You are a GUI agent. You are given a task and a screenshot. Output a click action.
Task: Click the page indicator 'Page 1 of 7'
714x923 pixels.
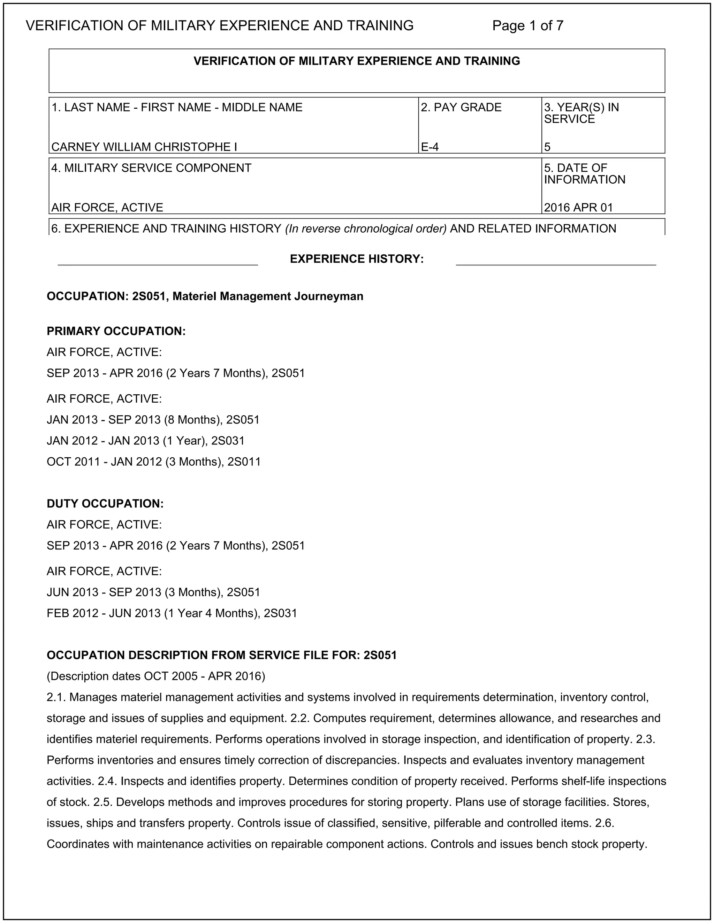point(527,26)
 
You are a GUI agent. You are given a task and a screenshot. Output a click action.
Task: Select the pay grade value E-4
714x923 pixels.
point(430,147)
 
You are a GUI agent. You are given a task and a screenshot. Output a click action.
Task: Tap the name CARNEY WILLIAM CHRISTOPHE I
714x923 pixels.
point(144,147)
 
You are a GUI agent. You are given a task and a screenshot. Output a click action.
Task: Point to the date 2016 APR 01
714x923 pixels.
point(578,208)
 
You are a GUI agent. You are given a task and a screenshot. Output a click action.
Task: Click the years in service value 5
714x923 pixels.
point(547,147)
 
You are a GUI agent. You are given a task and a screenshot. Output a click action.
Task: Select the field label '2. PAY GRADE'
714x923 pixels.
point(461,108)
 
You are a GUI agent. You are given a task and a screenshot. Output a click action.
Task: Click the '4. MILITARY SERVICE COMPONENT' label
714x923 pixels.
point(151,168)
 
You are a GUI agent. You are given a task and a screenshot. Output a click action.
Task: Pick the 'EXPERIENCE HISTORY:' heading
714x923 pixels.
point(357,259)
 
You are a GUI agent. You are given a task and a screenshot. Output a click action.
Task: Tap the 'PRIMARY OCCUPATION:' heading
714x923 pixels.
point(116,331)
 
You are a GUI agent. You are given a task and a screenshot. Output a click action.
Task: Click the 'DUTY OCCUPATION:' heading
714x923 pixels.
point(105,504)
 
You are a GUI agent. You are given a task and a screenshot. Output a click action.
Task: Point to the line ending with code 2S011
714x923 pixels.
point(153,461)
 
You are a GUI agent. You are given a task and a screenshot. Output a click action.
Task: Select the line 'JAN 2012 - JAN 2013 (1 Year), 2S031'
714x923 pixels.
point(145,441)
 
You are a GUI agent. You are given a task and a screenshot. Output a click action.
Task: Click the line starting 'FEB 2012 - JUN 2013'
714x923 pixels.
point(172,613)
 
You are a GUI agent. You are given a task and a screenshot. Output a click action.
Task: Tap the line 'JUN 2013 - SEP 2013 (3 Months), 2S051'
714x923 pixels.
point(153,592)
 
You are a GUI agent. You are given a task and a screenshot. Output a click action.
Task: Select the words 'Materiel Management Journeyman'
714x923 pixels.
point(268,296)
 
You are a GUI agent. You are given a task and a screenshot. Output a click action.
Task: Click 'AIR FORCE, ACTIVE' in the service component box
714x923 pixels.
point(107,208)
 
